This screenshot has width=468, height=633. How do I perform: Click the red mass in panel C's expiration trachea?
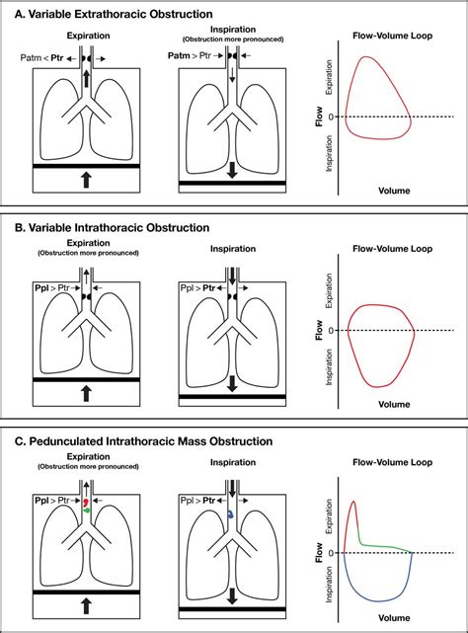pos(86,504)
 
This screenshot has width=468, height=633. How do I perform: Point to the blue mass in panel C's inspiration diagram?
pos(229,514)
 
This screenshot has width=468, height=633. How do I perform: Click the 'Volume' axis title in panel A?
pos(379,190)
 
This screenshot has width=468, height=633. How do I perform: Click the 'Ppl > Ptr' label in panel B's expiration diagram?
pos(61,287)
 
